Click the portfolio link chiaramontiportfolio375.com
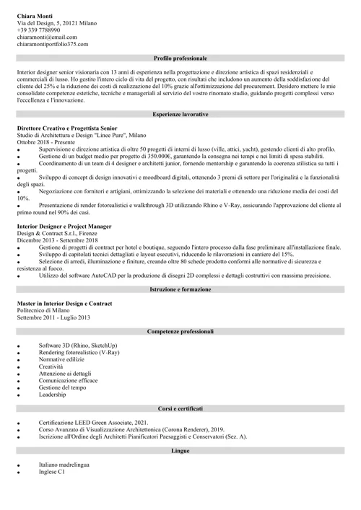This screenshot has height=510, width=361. pyautogui.click(x=53, y=44)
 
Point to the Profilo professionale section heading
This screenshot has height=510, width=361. pyautogui.click(x=180, y=58)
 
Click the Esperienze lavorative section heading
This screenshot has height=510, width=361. pyautogui.click(x=180, y=115)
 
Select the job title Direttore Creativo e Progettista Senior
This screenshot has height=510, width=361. pyautogui.click(x=67, y=128)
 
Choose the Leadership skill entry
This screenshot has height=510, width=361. pyautogui.click(x=53, y=395)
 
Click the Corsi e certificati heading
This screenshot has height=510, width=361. pyautogui.click(x=180, y=408)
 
